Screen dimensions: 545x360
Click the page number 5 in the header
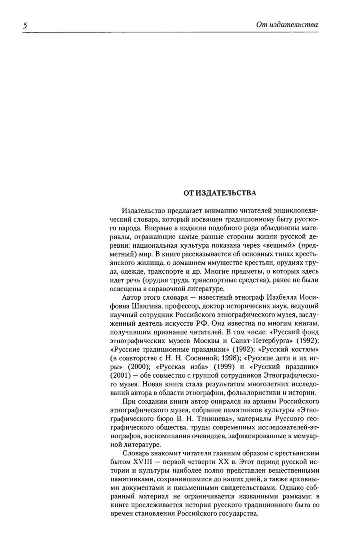click(x=25, y=25)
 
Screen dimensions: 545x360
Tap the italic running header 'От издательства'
click(x=287, y=25)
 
